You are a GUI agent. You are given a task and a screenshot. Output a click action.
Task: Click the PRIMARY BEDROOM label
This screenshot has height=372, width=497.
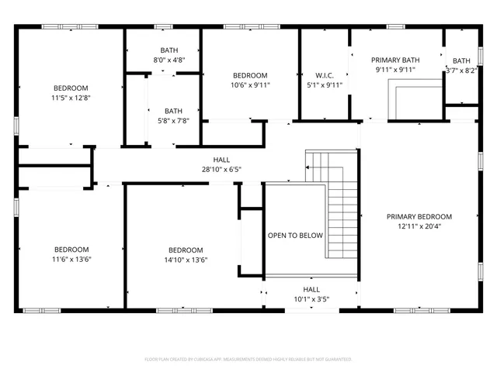click(x=419, y=217)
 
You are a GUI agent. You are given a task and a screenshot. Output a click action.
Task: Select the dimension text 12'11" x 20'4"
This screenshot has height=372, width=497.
click(x=419, y=227)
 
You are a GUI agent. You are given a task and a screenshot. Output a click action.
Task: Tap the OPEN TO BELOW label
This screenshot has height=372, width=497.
click(x=295, y=235)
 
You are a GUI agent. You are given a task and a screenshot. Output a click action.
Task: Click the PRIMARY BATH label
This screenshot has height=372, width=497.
click(x=395, y=60)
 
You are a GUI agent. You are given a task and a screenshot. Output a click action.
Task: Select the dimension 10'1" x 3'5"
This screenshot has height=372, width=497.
click(x=311, y=299)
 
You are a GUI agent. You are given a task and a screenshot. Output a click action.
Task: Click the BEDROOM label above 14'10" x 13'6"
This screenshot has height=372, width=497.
click(x=186, y=250)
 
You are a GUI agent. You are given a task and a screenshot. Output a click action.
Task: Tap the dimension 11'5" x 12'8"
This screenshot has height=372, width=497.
click(x=71, y=98)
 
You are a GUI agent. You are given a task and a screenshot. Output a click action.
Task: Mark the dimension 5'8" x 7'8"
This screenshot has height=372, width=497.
click(x=173, y=120)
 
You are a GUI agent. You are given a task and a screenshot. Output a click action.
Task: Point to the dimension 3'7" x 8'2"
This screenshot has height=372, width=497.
click(x=461, y=70)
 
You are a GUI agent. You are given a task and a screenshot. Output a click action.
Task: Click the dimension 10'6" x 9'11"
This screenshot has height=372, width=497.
click(x=250, y=85)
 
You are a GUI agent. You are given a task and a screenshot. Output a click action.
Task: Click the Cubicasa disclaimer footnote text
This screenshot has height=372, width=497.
click(x=248, y=360)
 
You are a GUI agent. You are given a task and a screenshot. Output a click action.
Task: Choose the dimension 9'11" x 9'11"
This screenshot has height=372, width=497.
click(x=395, y=70)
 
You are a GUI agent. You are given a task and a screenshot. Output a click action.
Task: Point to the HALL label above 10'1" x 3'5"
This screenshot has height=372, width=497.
click(x=311, y=289)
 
